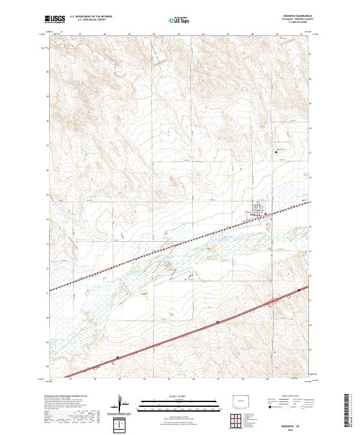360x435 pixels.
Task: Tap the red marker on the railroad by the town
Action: point(266,213)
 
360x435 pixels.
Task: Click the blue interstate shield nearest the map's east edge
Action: point(298,290)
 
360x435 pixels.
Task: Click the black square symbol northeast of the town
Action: point(275,152)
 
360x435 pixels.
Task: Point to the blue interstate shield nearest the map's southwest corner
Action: point(118,357)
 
